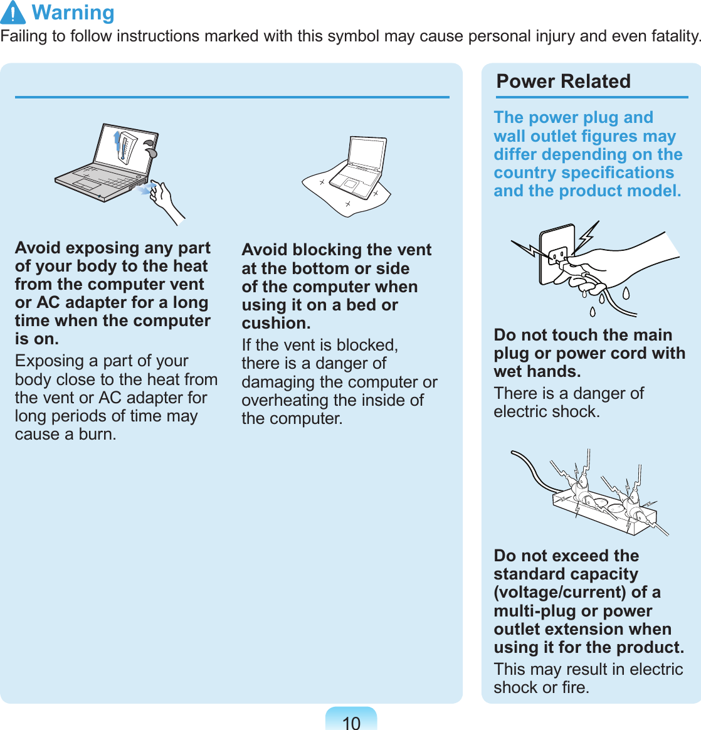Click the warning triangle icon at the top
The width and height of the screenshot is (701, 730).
pos(13,13)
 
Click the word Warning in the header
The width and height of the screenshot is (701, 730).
pos(73,13)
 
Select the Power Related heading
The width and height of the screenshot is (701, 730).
pos(563,82)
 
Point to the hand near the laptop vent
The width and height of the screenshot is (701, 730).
pos(166,201)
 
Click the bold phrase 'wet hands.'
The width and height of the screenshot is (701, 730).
pos(537,372)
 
